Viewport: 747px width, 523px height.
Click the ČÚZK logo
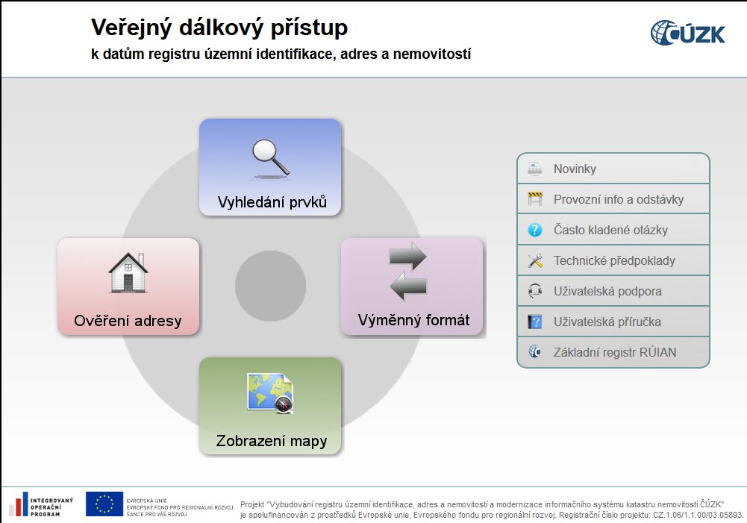coord(687,33)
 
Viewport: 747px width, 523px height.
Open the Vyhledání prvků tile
coord(270,167)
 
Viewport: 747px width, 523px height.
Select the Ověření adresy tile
coord(128,286)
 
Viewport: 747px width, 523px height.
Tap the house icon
coord(128,272)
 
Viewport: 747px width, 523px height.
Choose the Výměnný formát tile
coord(412,286)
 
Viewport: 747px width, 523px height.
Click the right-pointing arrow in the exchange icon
coord(407,256)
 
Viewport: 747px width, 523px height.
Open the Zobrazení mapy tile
coord(270,406)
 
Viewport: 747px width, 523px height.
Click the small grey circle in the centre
coord(271,286)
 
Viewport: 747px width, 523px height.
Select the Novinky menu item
coord(613,169)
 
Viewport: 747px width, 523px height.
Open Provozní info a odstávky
coord(613,199)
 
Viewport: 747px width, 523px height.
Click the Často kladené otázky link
coord(613,230)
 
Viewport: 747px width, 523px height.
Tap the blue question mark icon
coord(535,230)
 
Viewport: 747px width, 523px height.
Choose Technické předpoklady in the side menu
coord(613,260)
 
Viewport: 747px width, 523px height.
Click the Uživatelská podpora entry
coord(613,291)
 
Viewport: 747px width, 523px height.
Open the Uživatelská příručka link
coord(613,322)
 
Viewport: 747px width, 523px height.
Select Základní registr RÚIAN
coord(613,352)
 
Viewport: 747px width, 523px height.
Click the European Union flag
coord(104,504)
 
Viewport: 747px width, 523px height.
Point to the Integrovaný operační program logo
coord(42,504)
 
